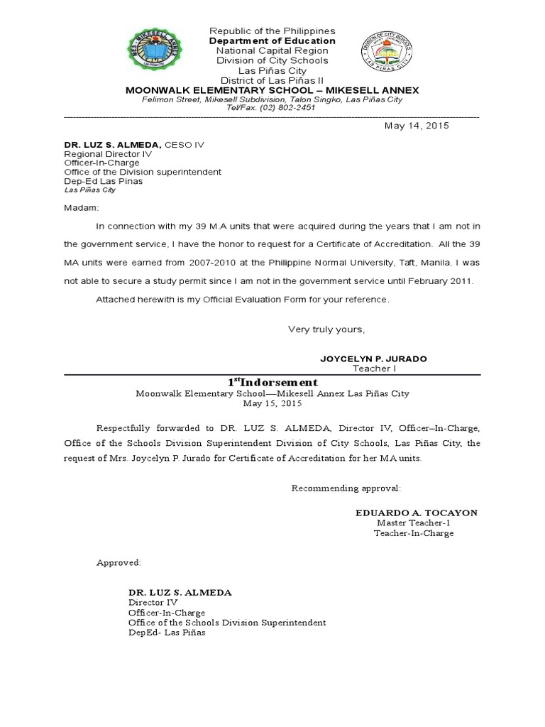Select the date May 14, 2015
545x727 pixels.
tap(417, 126)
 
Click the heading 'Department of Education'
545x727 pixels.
tap(272, 41)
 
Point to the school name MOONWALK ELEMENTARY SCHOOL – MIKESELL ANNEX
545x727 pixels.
tap(272, 90)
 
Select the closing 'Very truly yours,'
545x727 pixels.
tap(326, 329)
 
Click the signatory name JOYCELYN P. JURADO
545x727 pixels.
tap(373, 359)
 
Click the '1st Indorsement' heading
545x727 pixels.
tap(272, 383)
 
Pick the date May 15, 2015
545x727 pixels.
tap(272, 403)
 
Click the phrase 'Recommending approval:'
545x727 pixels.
tap(346, 488)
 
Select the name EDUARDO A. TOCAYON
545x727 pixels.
tap(416, 513)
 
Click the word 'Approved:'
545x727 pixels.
tap(119, 563)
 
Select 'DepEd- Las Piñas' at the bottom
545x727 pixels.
tap(166, 633)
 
